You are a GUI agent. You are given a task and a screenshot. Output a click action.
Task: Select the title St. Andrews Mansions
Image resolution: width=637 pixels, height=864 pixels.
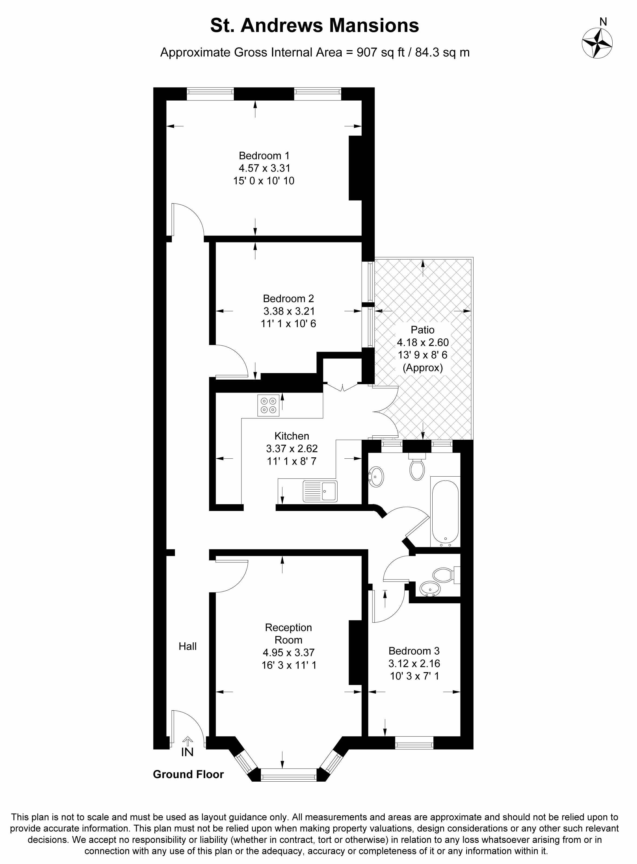pos(315,25)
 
